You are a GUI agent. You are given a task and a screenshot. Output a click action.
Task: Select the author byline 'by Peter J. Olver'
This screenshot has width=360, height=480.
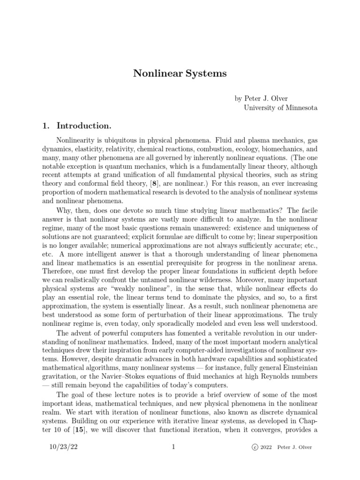(x=261, y=99)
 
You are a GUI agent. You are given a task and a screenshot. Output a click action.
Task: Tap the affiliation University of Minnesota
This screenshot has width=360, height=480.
(x=280, y=108)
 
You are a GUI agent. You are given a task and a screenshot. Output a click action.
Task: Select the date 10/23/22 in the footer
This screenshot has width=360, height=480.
(x=63, y=447)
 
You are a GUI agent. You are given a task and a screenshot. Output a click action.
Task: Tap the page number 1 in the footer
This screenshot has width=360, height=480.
(x=173, y=447)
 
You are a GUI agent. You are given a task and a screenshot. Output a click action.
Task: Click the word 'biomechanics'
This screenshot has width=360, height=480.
(x=276, y=149)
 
